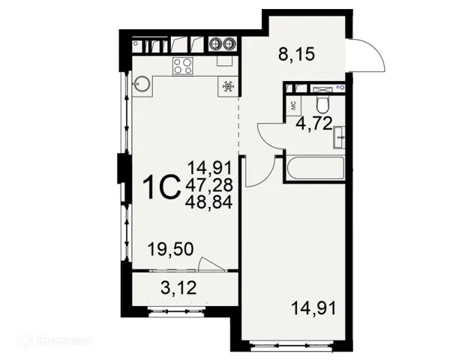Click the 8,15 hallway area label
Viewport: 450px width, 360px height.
pyautogui.click(x=296, y=54)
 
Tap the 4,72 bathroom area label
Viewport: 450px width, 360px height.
pyautogui.click(x=314, y=123)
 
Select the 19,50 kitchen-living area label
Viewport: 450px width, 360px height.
pyautogui.click(x=170, y=249)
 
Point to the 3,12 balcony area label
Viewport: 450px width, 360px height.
pyautogui.click(x=178, y=288)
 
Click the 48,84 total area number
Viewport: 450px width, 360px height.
pyautogui.click(x=208, y=203)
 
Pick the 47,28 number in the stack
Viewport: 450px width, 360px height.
pyautogui.click(x=208, y=185)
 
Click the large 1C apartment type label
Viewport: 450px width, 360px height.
pyautogui.click(x=163, y=187)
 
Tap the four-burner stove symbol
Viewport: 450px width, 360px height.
pyautogui.click(x=183, y=66)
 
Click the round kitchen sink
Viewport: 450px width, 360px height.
pyautogui.click(x=141, y=84)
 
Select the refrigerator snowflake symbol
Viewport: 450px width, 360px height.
pyautogui.click(x=229, y=86)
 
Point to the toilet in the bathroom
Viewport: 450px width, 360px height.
pyautogui.click(x=323, y=104)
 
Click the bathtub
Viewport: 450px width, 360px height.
pyautogui.click(x=315, y=168)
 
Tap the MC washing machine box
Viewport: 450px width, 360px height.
pyautogui.click(x=294, y=106)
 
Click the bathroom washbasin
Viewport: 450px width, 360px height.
pyautogui.click(x=339, y=137)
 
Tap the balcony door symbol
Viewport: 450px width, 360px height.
pyautogui.click(x=211, y=263)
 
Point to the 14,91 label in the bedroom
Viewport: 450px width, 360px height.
pyautogui.click(x=313, y=308)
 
